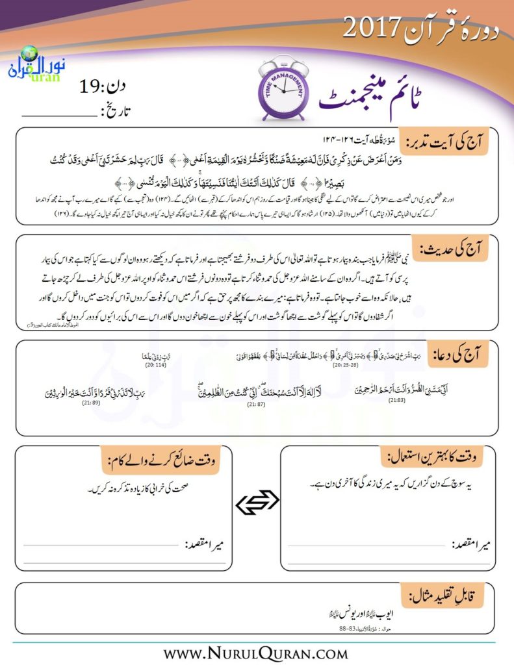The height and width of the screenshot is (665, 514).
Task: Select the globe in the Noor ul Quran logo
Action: click(29, 54)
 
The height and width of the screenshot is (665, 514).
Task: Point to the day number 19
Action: click(92, 85)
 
